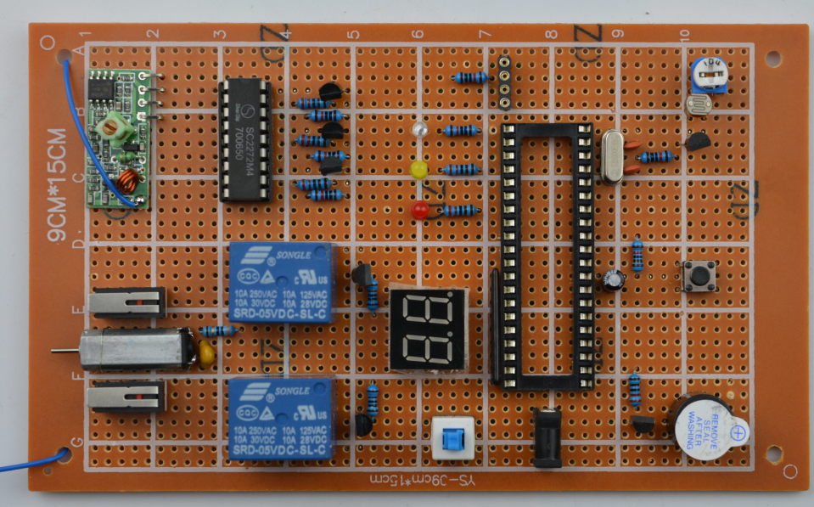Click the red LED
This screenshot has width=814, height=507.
(x=418, y=209)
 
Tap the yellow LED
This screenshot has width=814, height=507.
(x=418, y=170)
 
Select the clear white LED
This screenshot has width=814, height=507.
(x=418, y=131)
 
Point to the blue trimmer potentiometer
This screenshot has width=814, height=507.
(x=704, y=76)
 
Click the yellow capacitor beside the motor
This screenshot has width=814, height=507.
(x=205, y=350)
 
